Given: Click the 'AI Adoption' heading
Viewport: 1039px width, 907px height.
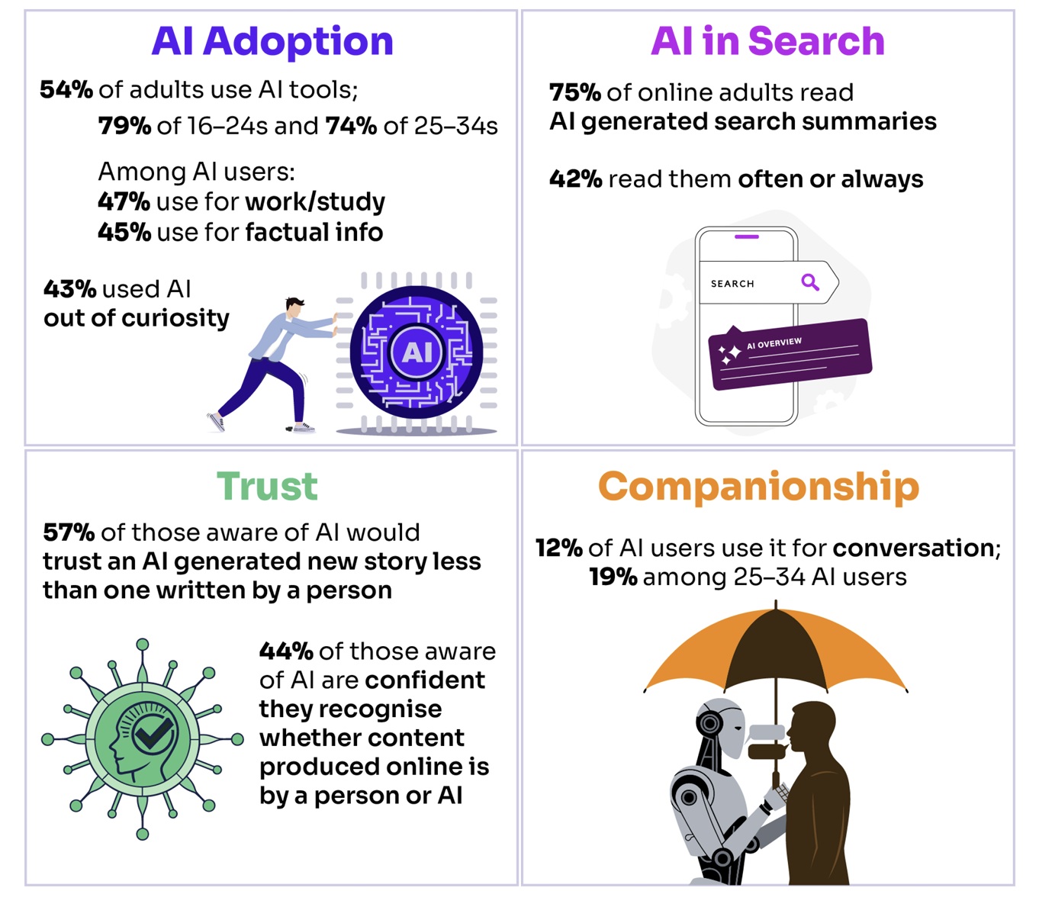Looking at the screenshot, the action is click(x=272, y=42).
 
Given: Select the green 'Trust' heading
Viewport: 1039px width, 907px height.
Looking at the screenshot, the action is click(x=267, y=486).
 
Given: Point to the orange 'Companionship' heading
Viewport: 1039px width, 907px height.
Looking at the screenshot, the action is click(x=759, y=487).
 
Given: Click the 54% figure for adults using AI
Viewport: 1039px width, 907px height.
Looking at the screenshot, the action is click(x=66, y=90).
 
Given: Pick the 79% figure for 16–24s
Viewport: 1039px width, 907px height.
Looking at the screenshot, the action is click(x=124, y=126).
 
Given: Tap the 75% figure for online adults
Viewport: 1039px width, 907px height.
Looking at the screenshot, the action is click(x=575, y=93).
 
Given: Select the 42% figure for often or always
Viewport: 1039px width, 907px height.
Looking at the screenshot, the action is click(x=576, y=179).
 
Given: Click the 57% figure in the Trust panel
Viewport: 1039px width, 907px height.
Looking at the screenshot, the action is click(x=69, y=532).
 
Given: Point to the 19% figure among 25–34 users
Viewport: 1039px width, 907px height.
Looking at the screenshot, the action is click(x=613, y=577).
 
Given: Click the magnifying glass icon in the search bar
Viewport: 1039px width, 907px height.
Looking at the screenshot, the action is click(x=810, y=281).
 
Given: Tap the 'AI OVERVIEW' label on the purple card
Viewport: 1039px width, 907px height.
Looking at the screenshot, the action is click(x=774, y=343).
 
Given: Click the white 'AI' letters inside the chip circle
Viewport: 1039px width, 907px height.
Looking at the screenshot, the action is click(x=417, y=352).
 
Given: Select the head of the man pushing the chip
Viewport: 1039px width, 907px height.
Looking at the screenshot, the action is click(x=294, y=307).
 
